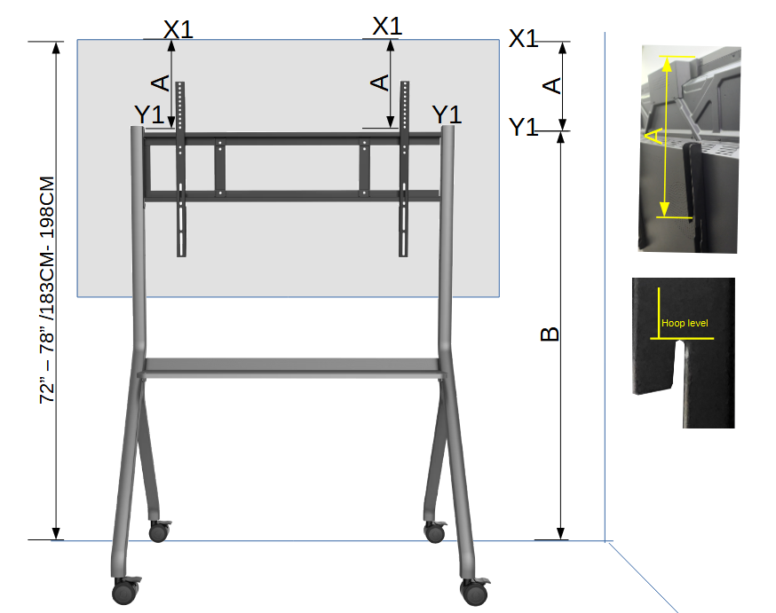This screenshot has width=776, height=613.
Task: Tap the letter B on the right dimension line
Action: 550,334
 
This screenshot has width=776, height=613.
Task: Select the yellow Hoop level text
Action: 685,323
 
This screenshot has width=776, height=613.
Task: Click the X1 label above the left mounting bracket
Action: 178,29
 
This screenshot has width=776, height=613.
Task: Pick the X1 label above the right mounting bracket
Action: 387,27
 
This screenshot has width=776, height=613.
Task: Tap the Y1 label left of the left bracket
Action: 149,114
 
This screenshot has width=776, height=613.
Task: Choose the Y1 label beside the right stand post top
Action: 447,114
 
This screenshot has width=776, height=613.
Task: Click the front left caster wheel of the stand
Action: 126,590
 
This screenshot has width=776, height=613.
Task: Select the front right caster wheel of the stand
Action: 475,591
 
